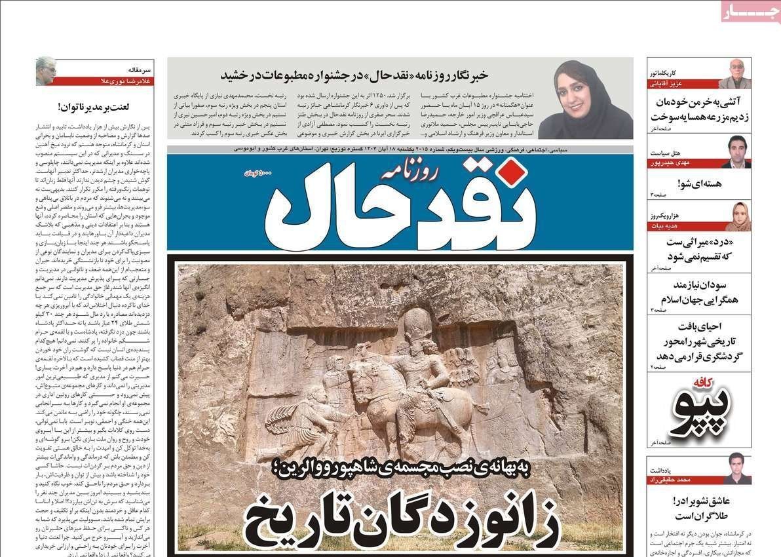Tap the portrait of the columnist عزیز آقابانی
[x=734, y=73]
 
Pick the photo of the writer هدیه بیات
[x=737, y=216]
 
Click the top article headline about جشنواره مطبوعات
[x=354, y=75]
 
